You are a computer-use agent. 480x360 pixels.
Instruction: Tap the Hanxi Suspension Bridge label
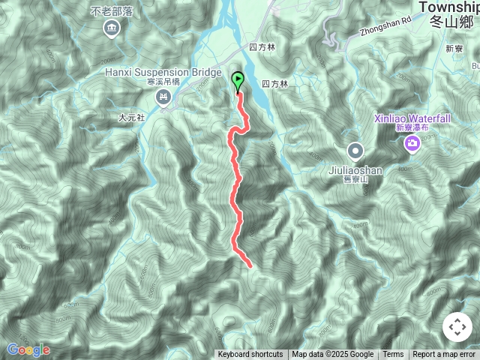pos(163,73)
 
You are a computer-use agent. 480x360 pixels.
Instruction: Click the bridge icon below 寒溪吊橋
pos(163,97)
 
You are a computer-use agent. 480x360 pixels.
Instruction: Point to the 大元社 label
pos(131,118)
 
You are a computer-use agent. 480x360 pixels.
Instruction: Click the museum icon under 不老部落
pos(112,29)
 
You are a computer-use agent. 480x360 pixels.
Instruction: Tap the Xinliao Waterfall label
pos(413,118)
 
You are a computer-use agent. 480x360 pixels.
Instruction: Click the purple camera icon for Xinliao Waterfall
pos(412,143)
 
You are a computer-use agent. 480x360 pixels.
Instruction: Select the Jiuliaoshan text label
pos(355,170)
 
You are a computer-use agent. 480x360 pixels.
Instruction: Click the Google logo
pos(28,349)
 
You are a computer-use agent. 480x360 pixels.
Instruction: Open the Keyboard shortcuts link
pos(250,355)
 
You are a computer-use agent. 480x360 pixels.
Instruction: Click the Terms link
pos(393,355)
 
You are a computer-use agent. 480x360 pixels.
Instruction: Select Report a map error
pos(444,355)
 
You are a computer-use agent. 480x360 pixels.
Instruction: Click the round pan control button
pos(457,327)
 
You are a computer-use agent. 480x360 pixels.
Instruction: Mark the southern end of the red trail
pos(248,264)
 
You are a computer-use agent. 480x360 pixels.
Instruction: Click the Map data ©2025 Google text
pos(333,355)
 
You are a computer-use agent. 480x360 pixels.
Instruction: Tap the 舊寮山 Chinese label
pos(352,180)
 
